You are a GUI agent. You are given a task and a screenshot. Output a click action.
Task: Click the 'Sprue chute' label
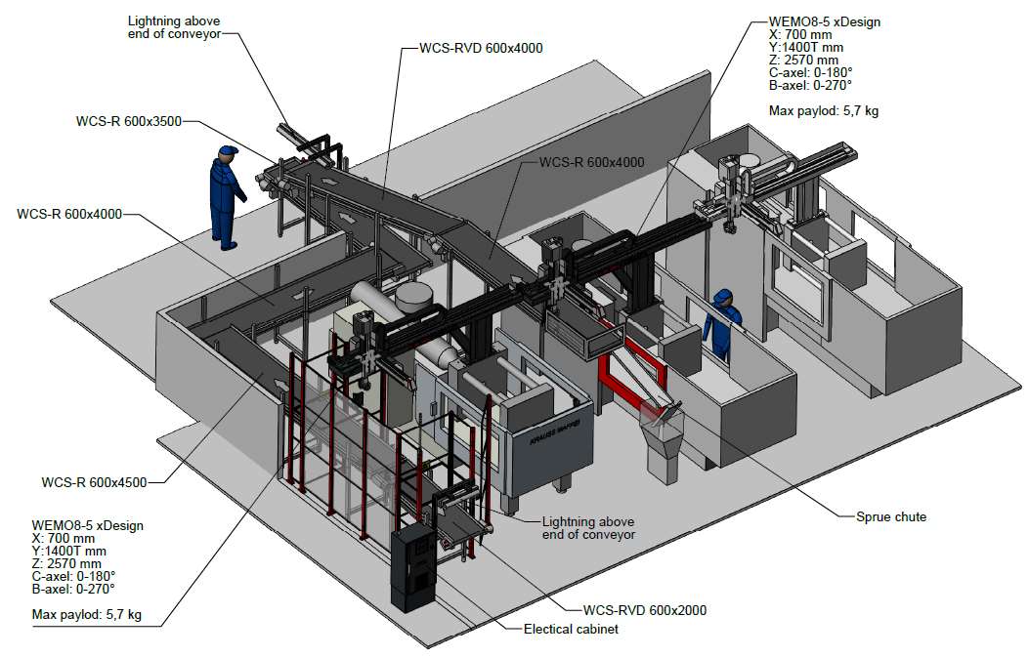pyautogui.click(x=890, y=516)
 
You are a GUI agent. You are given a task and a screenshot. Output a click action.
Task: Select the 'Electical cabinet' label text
pyautogui.click(x=572, y=630)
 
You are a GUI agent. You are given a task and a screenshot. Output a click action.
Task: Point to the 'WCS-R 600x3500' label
pyautogui.click(x=128, y=122)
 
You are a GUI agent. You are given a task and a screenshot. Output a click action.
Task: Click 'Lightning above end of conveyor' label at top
pyautogui.click(x=175, y=26)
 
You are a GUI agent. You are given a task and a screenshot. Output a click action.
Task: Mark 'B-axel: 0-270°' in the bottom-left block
pyautogui.click(x=73, y=589)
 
